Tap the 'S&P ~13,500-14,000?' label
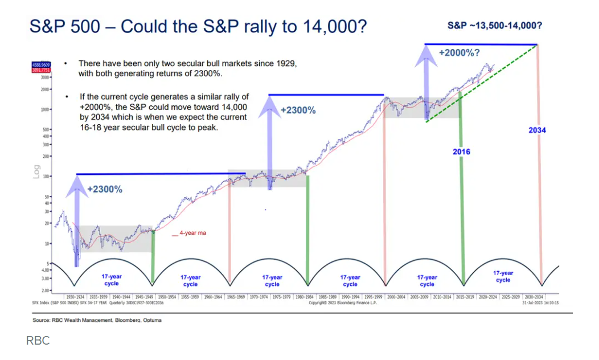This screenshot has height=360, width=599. [494, 25]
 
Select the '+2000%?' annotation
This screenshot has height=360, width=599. [458, 52]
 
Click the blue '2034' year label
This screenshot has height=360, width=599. [537, 130]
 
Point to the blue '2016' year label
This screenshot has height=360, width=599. [461, 152]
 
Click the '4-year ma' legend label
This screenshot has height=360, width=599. [192, 233]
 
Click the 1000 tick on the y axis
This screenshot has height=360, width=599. [46, 109]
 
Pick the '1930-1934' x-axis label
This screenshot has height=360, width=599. [76, 297]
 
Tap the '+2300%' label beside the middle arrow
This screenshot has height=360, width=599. [298, 111]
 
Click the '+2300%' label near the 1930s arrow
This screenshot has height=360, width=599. [105, 189]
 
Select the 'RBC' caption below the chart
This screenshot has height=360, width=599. [38, 341]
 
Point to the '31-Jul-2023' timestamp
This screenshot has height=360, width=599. [533, 303]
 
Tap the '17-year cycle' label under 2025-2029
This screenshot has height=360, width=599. [503, 276]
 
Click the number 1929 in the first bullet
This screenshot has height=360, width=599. [285, 64]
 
